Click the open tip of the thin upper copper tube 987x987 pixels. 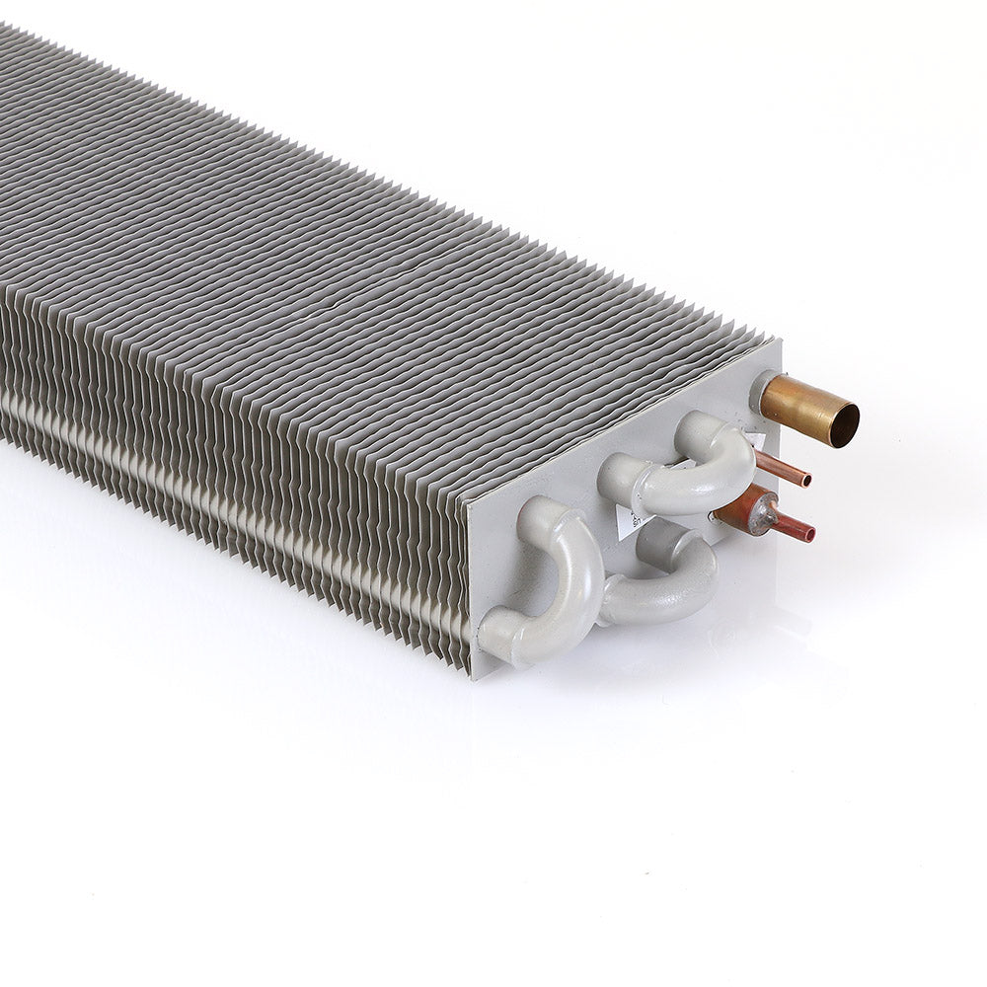[x=807, y=481]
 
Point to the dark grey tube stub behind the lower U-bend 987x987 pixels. [x=656, y=541]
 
